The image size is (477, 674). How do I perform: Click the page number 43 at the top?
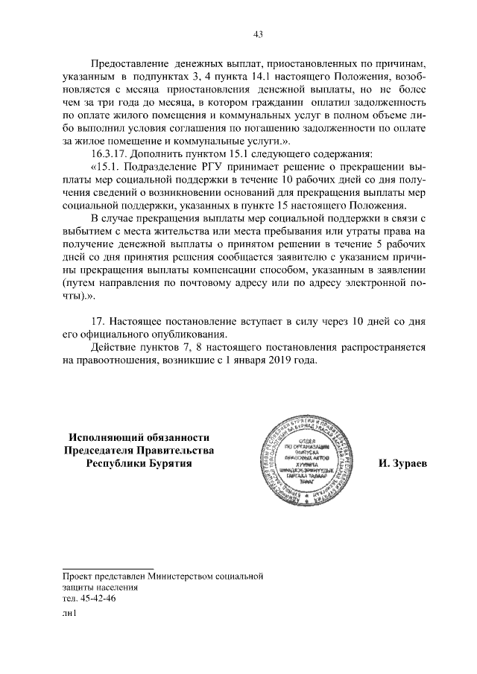259,34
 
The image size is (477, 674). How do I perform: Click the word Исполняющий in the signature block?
108,437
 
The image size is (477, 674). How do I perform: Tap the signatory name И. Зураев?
403,462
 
